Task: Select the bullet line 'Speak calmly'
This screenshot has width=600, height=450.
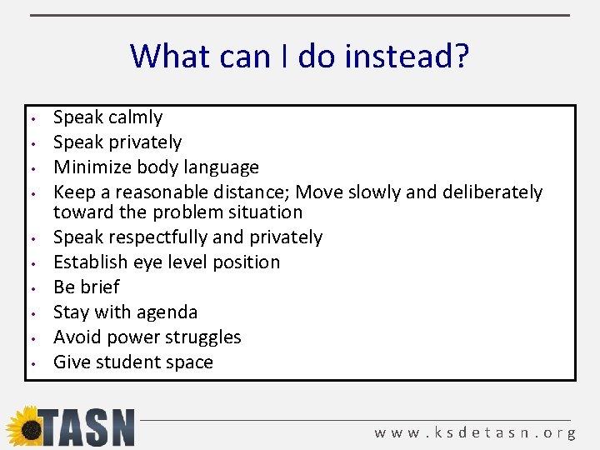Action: coord(107,117)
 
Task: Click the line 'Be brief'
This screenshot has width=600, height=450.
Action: coord(86,287)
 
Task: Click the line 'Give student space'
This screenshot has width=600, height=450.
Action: coord(132,362)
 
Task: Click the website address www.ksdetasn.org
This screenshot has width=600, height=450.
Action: coord(475,433)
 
